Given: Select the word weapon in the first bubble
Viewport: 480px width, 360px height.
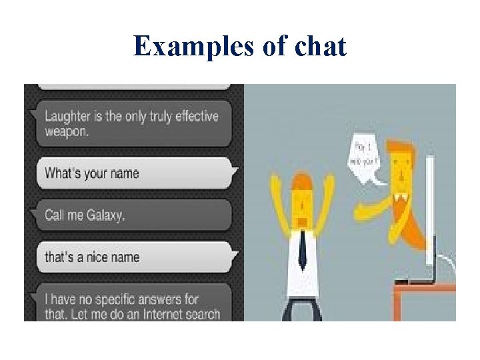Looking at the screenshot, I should click(66, 131).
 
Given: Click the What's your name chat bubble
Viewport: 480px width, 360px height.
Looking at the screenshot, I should click(133, 173).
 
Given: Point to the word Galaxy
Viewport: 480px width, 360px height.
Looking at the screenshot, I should click(105, 215).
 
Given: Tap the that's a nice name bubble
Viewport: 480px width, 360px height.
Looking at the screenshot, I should click(133, 257).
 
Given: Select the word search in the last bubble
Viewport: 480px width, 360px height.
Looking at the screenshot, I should click(201, 313).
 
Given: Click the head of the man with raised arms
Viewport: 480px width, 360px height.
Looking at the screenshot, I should click(301, 200).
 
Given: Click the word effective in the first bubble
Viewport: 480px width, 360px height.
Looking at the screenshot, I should click(195, 116).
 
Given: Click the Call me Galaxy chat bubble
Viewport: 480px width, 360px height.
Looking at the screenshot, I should click(133, 215).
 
